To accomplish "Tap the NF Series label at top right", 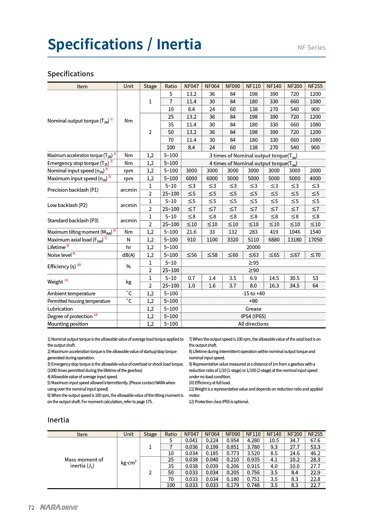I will (x=311, y=47).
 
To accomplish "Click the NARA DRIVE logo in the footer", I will (x=59, y=507).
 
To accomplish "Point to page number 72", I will (x=31, y=508).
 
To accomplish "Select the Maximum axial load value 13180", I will (x=294, y=240).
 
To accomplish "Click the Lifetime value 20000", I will (x=253, y=247).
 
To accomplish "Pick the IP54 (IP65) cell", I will (x=253, y=316).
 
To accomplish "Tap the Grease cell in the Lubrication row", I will (x=253, y=309).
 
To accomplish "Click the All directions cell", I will (x=253, y=324).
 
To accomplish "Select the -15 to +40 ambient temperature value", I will (x=253, y=294).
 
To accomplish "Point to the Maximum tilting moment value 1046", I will (x=294, y=232).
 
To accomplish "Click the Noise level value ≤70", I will (x=315, y=255).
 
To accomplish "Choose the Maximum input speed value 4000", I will (x=315, y=178).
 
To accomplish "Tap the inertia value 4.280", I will (x=253, y=440).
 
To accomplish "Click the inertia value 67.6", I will (x=315, y=440).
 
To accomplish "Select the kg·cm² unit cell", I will (x=128, y=463).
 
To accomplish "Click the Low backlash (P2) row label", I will (x=67, y=205).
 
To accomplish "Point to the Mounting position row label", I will (x=68, y=324).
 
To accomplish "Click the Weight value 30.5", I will (x=294, y=278).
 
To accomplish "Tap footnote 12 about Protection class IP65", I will (x=219, y=402).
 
